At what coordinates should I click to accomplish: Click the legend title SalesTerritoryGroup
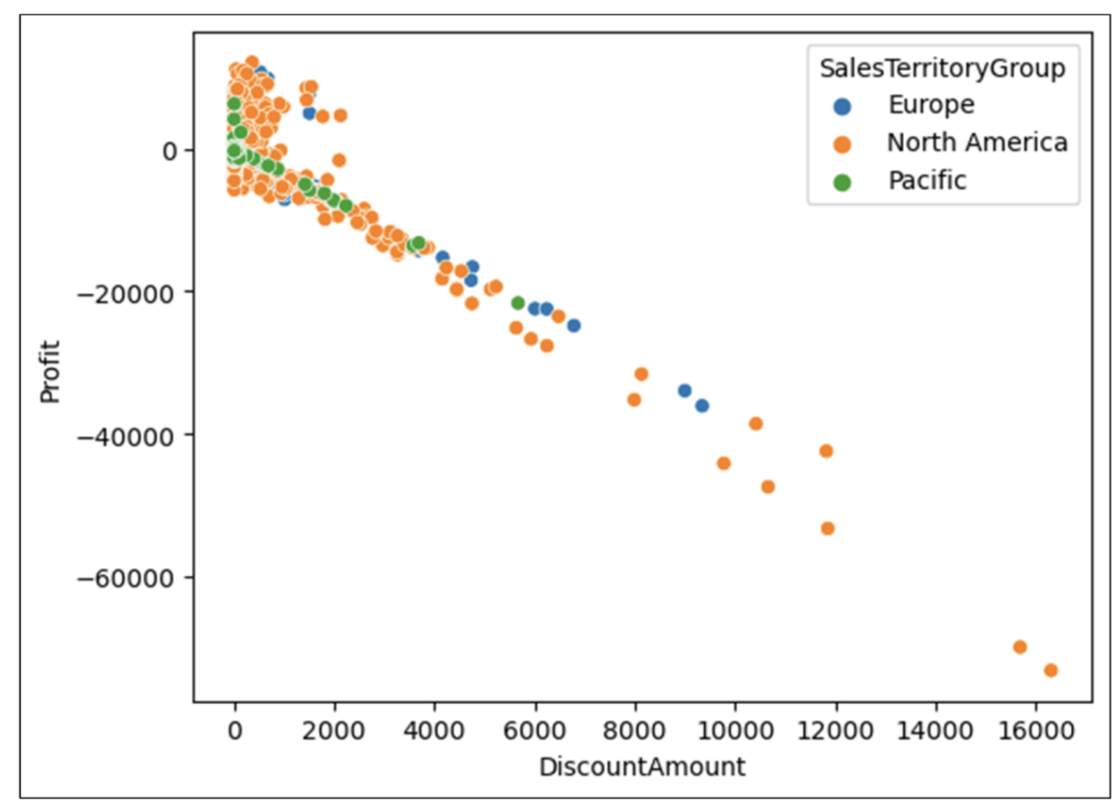coord(942,68)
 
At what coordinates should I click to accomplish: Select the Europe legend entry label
coord(931,105)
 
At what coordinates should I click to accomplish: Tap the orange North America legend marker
coord(841,144)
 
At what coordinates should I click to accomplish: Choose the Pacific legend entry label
coord(927,181)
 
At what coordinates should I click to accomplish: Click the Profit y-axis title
coord(50,371)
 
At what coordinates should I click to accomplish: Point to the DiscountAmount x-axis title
coord(641,767)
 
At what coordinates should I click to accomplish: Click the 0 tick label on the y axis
coord(170,151)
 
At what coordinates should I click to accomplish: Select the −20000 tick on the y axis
coord(125,294)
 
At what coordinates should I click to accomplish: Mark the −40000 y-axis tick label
coord(125,437)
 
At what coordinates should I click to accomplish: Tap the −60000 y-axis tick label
coord(125,579)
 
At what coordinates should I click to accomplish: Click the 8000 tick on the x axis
coord(634,731)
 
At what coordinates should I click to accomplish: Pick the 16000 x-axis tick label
coord(1036,731)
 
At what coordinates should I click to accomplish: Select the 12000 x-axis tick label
coord(835,731)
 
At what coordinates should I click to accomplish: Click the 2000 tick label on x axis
coord(334,731)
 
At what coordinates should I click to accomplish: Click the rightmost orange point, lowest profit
coord(1050,670)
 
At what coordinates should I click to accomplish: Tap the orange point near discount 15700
coord(1019,647)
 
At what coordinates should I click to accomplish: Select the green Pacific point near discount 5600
coord(517,303)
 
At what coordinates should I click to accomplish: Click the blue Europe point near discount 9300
coord(702,406)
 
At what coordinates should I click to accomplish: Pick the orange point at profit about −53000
coord(827,528)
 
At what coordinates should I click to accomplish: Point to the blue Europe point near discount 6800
coord(574,325)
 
